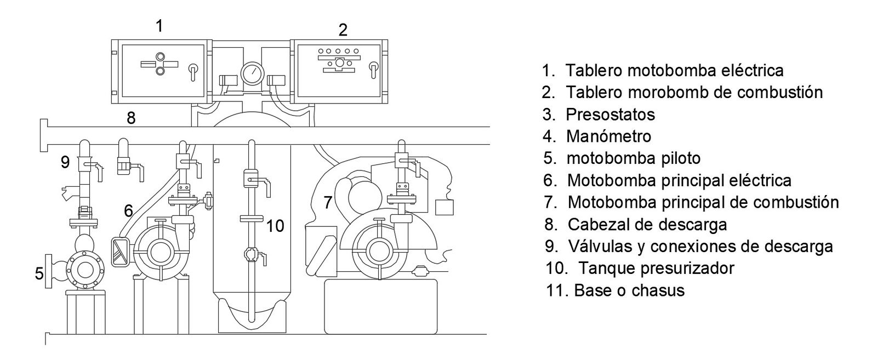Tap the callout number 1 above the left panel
[x=160, y=25]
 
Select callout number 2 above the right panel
[x=343, y=30]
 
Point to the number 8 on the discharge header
[x=131, y=117]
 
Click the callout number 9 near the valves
[x=65, y=162]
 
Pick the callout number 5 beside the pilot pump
[x=39, y=273]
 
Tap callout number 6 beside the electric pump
[x=128, y=210]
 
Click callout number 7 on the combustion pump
[x=328, y=203]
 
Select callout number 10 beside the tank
[x=276, y=225]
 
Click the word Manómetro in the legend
[x=608, y=136]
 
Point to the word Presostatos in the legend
[x=610, y=114]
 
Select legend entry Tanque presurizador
[x=656, y=268]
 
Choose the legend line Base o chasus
[x=629, y=290]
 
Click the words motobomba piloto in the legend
[x=633, y=158]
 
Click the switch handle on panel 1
[x=192, y=71]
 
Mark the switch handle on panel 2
[x=373, y=70]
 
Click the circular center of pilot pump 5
[x=84, y=271]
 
